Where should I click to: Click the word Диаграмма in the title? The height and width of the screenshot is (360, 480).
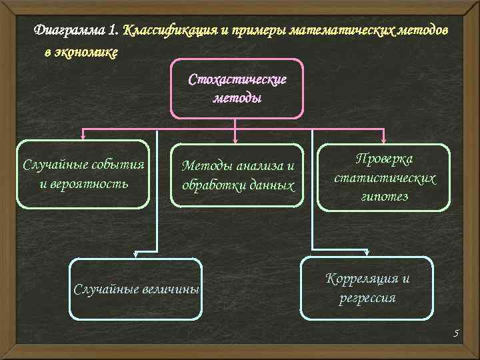tap(69, 31)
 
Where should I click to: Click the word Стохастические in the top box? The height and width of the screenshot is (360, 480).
tap(237, 80)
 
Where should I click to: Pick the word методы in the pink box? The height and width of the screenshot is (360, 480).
tap(237, 97)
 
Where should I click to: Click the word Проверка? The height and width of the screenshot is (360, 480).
tap(384, 159)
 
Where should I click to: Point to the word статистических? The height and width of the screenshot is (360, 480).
tap(385, 179)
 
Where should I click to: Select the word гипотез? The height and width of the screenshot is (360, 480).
tap(384, 197)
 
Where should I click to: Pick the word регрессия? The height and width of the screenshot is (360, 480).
tap(367, 298)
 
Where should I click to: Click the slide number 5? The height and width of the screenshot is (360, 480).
tap(457, 333)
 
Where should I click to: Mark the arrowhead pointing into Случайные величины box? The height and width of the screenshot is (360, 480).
tap(135, 254)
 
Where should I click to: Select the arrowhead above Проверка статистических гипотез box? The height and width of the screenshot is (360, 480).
tap(384, 139)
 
